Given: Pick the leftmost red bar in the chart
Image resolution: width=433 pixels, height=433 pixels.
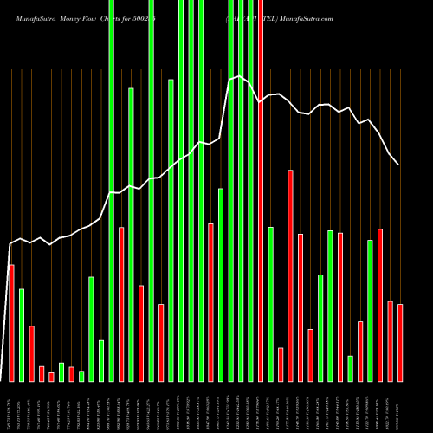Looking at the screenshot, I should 11,322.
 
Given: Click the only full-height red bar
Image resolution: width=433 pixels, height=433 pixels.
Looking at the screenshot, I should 261,191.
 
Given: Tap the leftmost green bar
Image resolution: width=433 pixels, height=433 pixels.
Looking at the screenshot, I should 22,334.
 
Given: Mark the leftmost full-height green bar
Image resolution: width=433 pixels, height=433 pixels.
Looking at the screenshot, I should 111,191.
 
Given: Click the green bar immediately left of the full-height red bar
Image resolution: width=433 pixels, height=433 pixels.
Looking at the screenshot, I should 250,191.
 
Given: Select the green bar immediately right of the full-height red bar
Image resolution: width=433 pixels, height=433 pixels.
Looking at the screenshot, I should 270,303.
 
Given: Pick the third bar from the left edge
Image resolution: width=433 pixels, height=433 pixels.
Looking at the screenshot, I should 31,353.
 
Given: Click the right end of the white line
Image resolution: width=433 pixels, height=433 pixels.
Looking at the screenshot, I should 398,164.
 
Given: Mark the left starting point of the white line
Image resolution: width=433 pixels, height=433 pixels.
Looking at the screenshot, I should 10,244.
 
